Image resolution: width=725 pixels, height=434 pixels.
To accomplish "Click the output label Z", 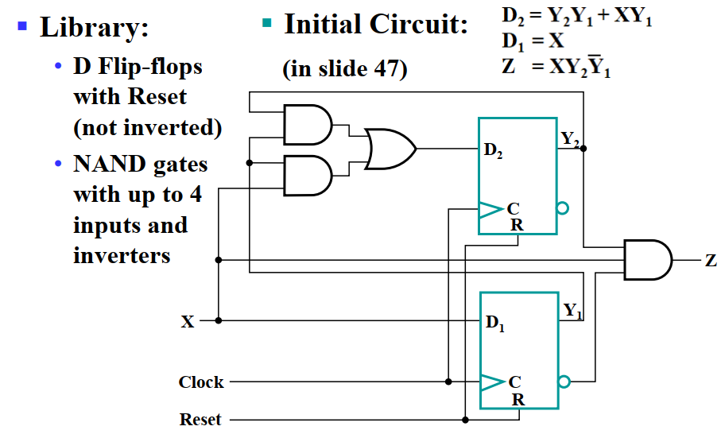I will click(710, 261).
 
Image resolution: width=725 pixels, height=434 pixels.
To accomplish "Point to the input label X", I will click(188, 322).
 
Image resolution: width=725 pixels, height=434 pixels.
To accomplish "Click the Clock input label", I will click(201, 382).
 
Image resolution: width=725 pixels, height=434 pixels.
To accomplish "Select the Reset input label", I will click(200, 419).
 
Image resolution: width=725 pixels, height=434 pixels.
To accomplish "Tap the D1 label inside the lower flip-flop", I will click(494, 324).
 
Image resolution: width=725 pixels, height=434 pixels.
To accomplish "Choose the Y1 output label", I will click(572, 311).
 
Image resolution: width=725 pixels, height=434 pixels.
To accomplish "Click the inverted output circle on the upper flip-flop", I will click(563, 208).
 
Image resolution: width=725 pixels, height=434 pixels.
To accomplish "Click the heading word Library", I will click(94, 28).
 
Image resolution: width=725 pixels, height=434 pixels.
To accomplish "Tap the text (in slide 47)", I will click(345, 69).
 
